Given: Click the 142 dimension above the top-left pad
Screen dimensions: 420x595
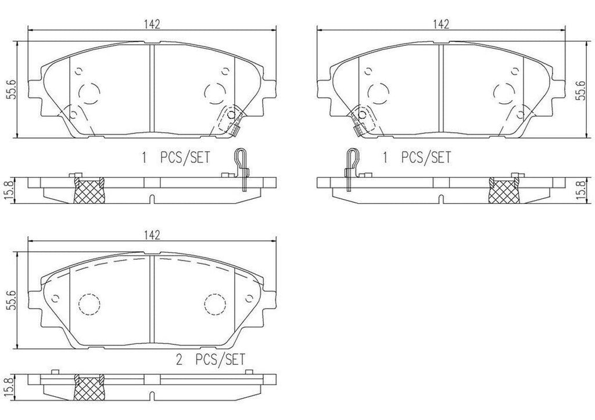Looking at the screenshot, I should pos(152,23).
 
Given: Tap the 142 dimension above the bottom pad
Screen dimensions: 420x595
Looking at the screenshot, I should pos(152,234).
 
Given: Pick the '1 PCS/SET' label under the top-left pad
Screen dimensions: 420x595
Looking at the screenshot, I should pos(175,157).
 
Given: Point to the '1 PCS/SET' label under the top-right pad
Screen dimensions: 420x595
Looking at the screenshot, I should pos(417,157).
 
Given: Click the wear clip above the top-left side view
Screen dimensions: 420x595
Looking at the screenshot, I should pos(241,169).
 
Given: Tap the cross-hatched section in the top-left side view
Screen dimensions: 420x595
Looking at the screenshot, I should pos(88,190).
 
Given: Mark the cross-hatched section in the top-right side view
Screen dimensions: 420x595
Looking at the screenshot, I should pos(503,190).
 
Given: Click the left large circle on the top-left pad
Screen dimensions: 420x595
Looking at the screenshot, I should pos(89,92).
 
